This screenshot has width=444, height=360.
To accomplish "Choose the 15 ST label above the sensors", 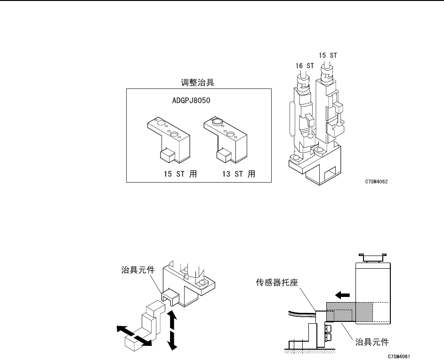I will [x=328, y=55].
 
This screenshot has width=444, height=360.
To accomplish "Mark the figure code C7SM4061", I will [x=399, y=356].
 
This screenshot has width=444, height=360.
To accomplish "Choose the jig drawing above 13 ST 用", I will [x=226, y=137].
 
